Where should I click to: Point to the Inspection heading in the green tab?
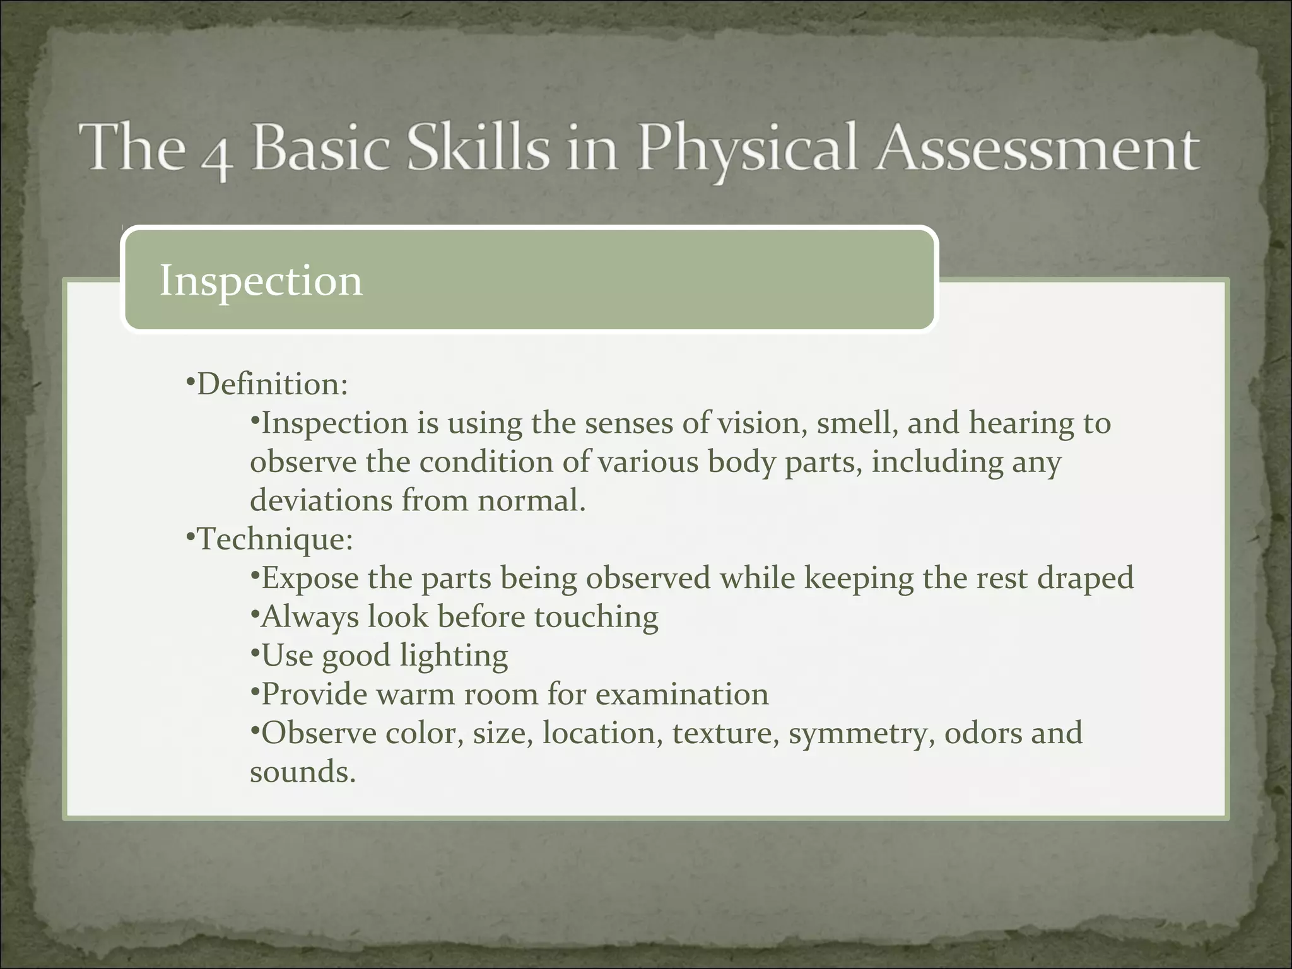[261, 281]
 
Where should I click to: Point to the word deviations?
[321, 501]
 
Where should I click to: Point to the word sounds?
[303, 772]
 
